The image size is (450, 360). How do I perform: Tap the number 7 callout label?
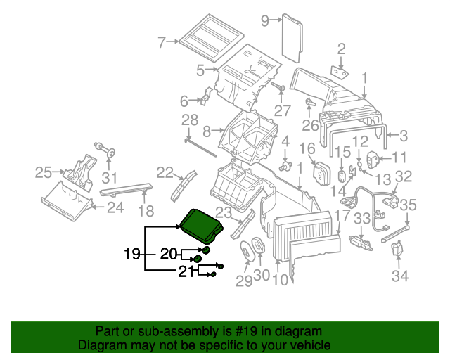click(x=161, y=42)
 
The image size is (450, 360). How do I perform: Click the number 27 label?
click(x=282, y=110)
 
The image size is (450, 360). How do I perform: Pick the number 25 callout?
click(x=44, y=172)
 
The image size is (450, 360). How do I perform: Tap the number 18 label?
click(x=145, y=211)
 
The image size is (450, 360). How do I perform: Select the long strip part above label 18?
click(x=127, y=188)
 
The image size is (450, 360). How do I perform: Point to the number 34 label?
click(x=399, y=276)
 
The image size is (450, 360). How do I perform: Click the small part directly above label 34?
click(x=399, y=250)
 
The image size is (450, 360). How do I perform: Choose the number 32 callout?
click(x=403, y=176)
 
